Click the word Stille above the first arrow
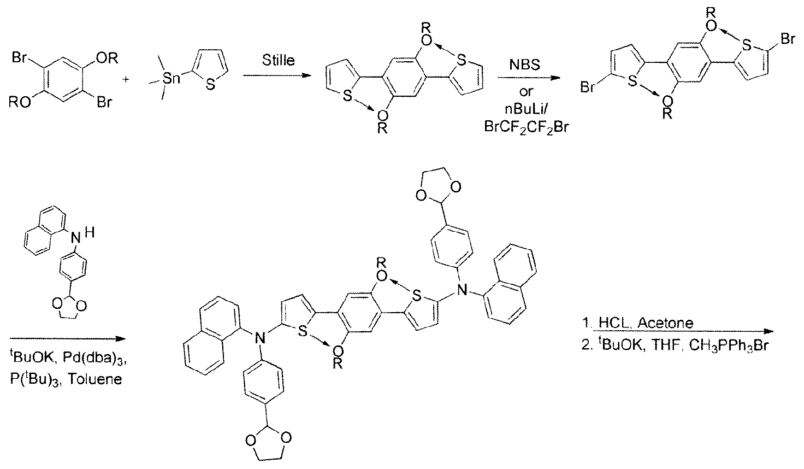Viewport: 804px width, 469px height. [278, 60]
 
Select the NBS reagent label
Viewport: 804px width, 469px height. [525, 66]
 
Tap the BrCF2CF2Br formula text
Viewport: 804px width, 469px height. [527, 127]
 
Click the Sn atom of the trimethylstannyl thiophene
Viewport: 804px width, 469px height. [171, 78]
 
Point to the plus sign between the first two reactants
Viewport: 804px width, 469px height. [126, 79]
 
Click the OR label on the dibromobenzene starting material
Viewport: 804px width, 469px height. [107, 58]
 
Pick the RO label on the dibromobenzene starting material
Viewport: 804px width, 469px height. [20, 103]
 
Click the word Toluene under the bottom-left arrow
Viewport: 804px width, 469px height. [94, 379]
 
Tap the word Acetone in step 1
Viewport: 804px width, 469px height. [665, 323]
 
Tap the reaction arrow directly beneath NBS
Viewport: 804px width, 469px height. [528, 78]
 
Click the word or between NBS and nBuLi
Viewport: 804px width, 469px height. [526, 92]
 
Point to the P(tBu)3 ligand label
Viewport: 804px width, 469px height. [34, 379]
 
